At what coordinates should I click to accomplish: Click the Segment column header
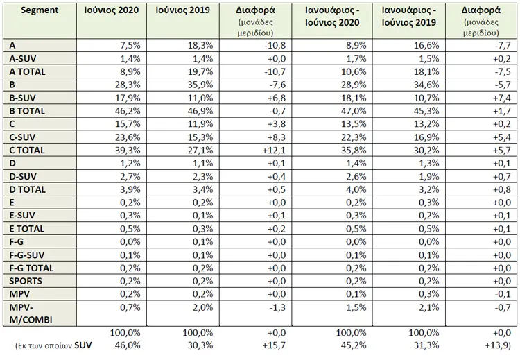tap(40, 10)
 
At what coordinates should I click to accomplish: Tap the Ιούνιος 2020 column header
tap(112, 10)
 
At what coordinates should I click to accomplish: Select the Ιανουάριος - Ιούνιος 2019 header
tap(408, 16)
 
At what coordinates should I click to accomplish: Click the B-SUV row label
tap(23, 98)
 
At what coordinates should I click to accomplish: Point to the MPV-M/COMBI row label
tap(31, 314)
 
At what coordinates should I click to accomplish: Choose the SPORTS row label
tap(26, 281)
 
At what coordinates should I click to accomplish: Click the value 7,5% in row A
tap(130, 45)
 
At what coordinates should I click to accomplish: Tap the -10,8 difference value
tap(275, 45)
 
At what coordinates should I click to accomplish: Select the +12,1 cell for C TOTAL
tap(274, 151)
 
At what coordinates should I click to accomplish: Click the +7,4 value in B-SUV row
tap(502, 98)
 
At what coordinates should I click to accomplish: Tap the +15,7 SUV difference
tap(274, 345)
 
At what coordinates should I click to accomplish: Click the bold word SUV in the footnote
tap(83, 345)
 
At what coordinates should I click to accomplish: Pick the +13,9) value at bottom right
tap(498, 345)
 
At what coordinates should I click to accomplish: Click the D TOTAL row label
tap(27, 189)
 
